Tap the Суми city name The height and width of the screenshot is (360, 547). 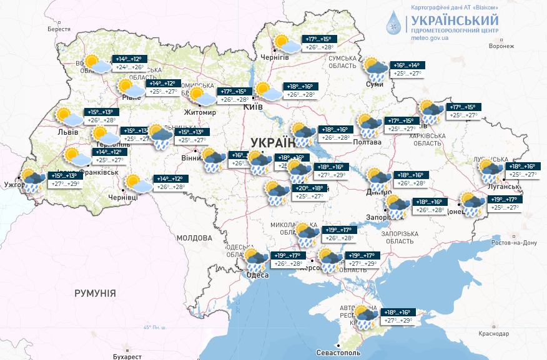click(x=375, y=85)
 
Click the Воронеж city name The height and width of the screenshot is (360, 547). click(x=501, y=46)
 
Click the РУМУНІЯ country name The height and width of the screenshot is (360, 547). click(x=95, y=293)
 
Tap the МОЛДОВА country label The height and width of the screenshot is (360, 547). click(x=194, y=238)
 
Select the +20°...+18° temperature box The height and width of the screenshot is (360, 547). click(x=308, y=188)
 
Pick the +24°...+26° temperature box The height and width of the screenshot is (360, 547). click(x=129, y=67)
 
